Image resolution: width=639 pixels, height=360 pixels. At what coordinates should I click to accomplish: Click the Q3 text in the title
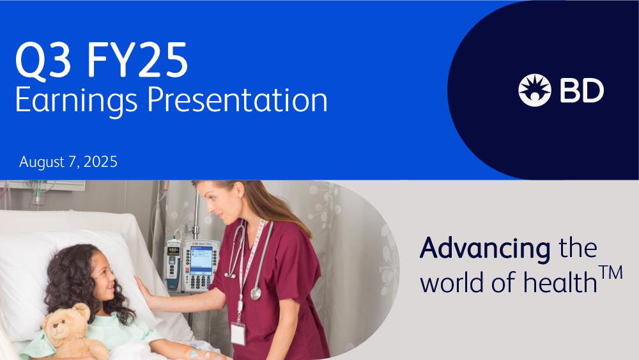(x=43, y=60)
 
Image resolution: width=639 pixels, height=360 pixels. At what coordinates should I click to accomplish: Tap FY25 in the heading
(x=137, y=60)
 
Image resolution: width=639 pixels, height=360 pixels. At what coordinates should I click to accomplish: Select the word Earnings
(x=76, y=101)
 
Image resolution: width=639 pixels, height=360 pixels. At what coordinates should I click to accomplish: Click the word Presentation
(x=237, y=100)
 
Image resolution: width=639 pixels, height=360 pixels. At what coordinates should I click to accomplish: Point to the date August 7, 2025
(x=68, y=162)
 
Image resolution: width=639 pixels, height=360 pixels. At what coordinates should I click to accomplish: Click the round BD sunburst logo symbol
(x=535, y=90)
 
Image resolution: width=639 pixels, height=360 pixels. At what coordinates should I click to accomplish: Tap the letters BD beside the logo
(x=582, y=90)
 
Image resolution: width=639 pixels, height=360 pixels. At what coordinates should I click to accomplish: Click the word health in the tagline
(x=560, y=282)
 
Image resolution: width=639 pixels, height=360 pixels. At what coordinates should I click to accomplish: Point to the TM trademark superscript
(x=610, y=272)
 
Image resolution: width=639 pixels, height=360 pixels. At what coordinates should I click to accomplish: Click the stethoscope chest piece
(x=256, y=293)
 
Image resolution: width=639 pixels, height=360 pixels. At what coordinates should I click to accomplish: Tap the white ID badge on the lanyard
(x=238, y=334)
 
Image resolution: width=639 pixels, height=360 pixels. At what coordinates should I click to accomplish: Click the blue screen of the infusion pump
(x=201, y=260)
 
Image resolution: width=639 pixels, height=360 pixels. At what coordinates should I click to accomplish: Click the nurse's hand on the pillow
(x=145, y=291)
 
